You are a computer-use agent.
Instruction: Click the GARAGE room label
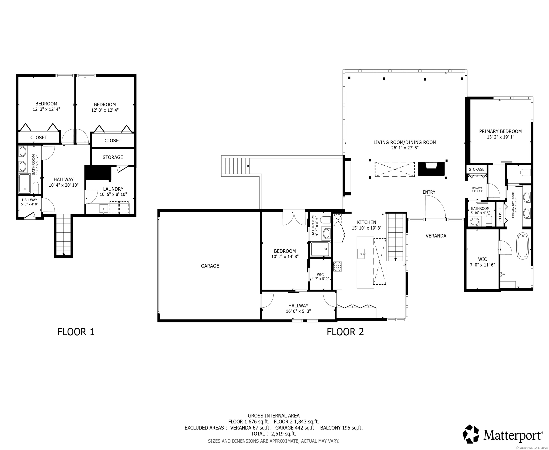pos(210,266)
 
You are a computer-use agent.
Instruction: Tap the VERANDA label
pos(436,236)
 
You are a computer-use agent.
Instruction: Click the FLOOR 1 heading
pos(76,332)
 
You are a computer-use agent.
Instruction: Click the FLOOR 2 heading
pos(345,332)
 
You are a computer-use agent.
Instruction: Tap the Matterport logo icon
pos(472,434)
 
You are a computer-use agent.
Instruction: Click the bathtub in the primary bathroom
pos(523,246)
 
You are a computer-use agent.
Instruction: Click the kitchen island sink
pos(361,254)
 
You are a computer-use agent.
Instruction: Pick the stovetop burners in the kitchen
pos(337,266)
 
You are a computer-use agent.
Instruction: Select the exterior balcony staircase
pos(235,166)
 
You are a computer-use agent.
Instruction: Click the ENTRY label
pos(429,192)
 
